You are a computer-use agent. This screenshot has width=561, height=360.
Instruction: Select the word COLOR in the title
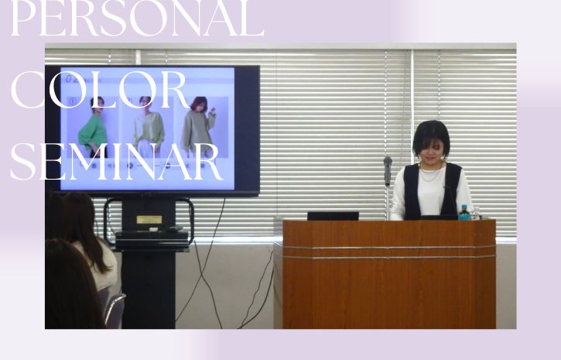pyautogui.click(x=99, y=91)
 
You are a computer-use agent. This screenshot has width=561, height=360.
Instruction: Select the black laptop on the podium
pyautogui.click(x=333, y=215)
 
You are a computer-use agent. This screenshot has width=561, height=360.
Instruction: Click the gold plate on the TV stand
pyautogui.click(x=149, y=219)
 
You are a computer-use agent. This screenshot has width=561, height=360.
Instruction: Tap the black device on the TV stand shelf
pyautogui.click(x=152, y=234)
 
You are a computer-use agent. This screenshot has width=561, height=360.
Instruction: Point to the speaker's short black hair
pyautogui.click(x=430, y=132)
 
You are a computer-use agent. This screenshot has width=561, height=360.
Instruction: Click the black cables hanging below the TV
pyautogui.click(x=203, y=263)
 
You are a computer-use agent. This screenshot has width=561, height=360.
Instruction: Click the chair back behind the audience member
pyautogui.click(x=115, y=310)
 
